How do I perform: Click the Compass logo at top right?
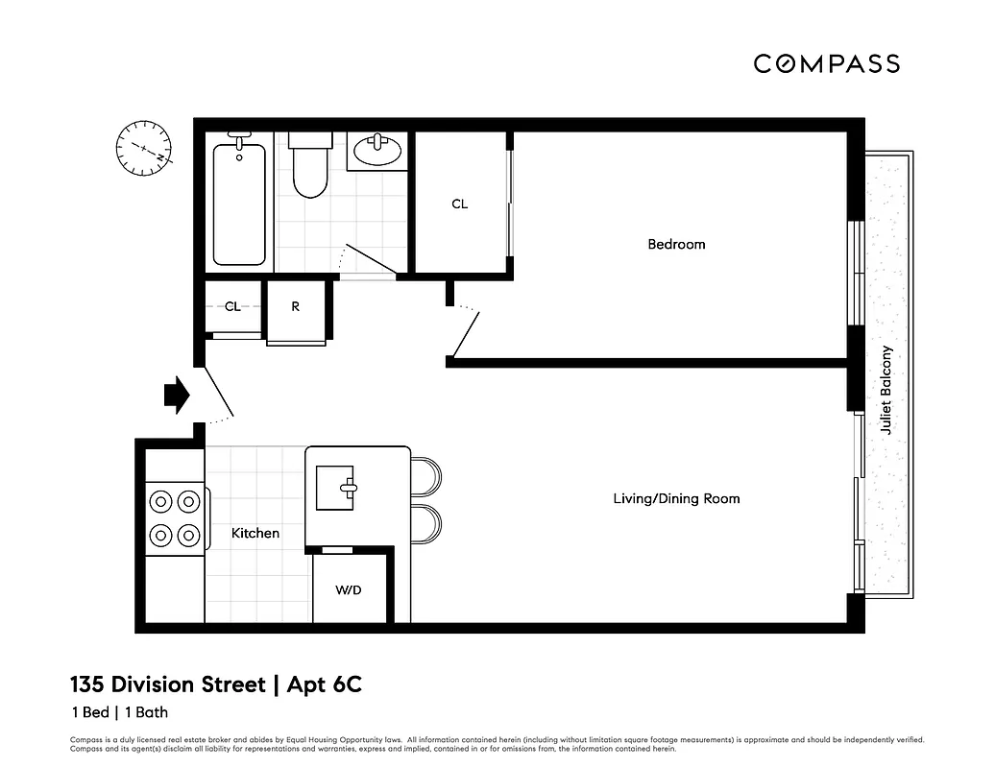[826, 63]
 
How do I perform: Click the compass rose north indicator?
[143, 149]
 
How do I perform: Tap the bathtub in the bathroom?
[238, 204]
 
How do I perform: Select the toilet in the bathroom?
[310, 167]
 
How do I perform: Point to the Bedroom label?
[676, 244]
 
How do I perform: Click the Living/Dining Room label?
[676, 498]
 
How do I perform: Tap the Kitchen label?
[255, 533]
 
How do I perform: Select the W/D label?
[349, 589]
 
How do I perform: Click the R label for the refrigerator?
[296, 307]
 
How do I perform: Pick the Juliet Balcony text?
[886, 390]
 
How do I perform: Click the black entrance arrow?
[176, 395]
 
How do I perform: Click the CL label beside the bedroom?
[460, 204]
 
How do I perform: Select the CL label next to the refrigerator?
[232, 307]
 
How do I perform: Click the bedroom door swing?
[465, 331]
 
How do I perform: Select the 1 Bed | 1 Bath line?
[119, 712]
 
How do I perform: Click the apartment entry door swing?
[217, 396]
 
